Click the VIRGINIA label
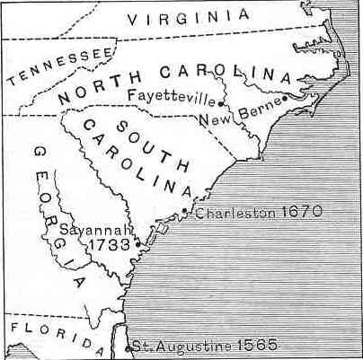tap(190, 17)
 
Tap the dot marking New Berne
tap(285, 98)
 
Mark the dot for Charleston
tap(185, 211)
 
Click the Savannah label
tap(93, 229)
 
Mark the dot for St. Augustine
tap(128, 347)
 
